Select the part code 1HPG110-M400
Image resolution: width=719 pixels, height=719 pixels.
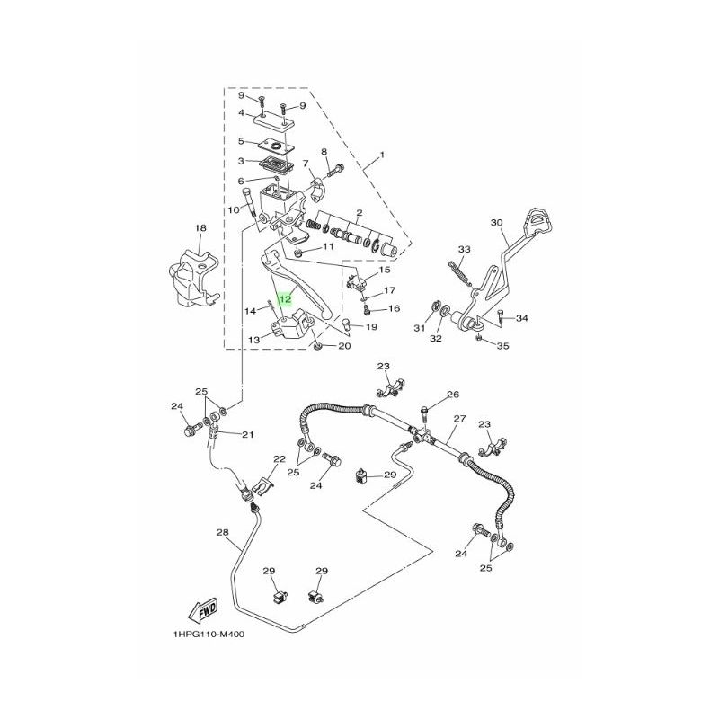coord(209,634)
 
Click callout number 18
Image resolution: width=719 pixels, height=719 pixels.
coord(200,228)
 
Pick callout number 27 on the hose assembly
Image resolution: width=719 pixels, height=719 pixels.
coord(459,419)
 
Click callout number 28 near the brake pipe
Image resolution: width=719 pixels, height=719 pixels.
coord(223,533)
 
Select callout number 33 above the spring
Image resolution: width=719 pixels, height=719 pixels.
coord(464,249)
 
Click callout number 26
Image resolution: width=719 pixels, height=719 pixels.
coord(453,395)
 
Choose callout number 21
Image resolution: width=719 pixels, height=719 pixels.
coord(248,435)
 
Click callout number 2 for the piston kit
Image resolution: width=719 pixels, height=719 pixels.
coord(358,212)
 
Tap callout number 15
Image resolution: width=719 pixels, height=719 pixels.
coord(385,271)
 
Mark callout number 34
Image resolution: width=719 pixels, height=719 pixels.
coord(522,318)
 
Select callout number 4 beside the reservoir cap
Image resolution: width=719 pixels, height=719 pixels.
coord(241,114)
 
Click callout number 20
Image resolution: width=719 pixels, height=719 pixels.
coord(344,347)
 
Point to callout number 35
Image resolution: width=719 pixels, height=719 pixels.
coord(502,346)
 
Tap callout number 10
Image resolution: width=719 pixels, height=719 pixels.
coord(233,209)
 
